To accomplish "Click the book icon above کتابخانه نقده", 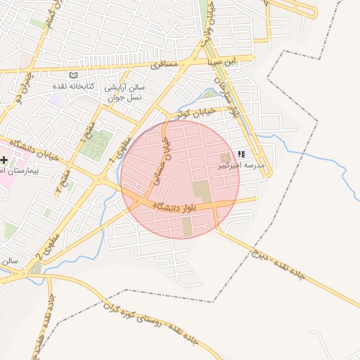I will pyautogui.click(x=72, y=74).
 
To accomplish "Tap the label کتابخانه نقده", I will pyautogui.click(x=72, y=85).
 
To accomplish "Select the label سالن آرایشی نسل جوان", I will pyautogui.click(x=124, y=92).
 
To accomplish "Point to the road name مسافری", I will pyautogui.click(x=166, y=65).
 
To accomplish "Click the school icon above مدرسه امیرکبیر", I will pyautogui.click(x=242, y=154).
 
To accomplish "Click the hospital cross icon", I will pyautogui.click(x=4, y=160).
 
